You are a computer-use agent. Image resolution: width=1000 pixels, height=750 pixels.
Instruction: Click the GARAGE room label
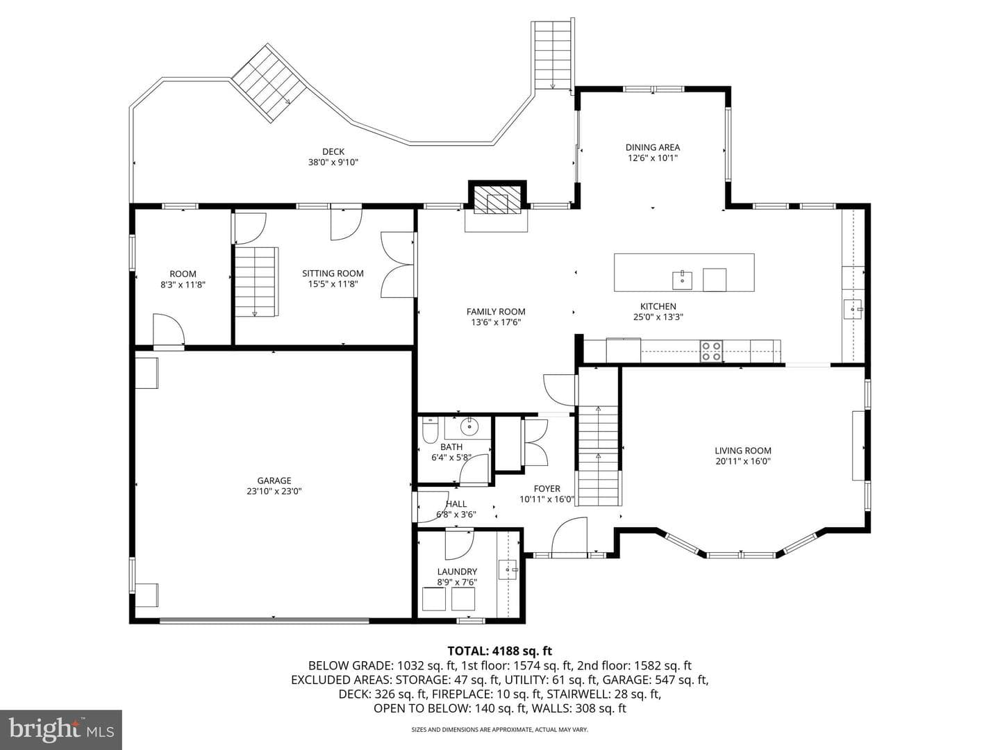[274, 481]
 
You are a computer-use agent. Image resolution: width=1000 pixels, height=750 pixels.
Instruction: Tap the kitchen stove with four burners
[710, 351]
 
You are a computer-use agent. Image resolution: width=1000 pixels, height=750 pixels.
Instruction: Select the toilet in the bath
[430, 431]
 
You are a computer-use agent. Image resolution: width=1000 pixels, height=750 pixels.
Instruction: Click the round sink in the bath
[468, 427]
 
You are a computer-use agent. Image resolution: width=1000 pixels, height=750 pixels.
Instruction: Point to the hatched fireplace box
[497, 199]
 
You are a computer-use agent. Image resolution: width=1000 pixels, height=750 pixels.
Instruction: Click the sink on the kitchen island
[682, 280]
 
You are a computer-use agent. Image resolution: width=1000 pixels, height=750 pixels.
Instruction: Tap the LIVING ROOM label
[742, 451]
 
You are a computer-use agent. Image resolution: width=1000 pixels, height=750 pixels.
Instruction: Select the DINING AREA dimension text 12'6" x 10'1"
[652, 158]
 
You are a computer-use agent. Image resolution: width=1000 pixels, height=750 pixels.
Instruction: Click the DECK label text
[333, 151]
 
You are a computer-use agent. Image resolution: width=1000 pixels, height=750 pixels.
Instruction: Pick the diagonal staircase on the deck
[268, 83]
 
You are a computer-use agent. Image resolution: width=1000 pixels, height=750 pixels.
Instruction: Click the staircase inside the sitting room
[256, 281]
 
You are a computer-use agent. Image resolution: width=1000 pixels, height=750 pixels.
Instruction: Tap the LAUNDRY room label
[457, 572]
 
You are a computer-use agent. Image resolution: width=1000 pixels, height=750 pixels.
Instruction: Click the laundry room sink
[508, 569]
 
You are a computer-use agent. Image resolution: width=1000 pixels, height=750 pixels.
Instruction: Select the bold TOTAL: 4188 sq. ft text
[500, 651]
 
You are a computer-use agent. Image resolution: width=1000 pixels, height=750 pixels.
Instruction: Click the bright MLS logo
[61, 729]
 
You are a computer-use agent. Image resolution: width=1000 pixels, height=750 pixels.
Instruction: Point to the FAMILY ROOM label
[496, 312]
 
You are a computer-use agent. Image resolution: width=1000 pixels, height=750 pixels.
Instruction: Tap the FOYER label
[547, 489]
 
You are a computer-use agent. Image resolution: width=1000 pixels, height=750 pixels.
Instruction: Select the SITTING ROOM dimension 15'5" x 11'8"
[333, 284]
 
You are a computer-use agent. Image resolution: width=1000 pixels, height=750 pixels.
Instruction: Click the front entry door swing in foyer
[569, 536]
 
